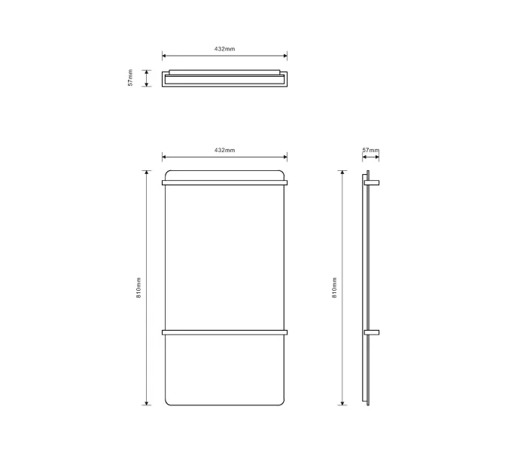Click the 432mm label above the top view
pyautogui.click(x=224, y=49)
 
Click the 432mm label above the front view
pyautogui.click(x=224, y=150)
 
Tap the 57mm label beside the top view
pyautogui.click(x=130, y=78)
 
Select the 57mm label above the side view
pyautogui.click(x=370, y=150)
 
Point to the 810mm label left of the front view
pyautogui.click(x=138, y=288)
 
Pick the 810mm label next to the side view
pyautogui.click(x=334, y=288)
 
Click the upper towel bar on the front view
pyautogui.click(x=224, y=183)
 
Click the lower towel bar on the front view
pyautogui.click(x=224, y=332)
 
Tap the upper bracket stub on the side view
pyautogui.click(x=372, y=183)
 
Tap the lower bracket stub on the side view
pyautogui.click(x=372, y=332)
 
